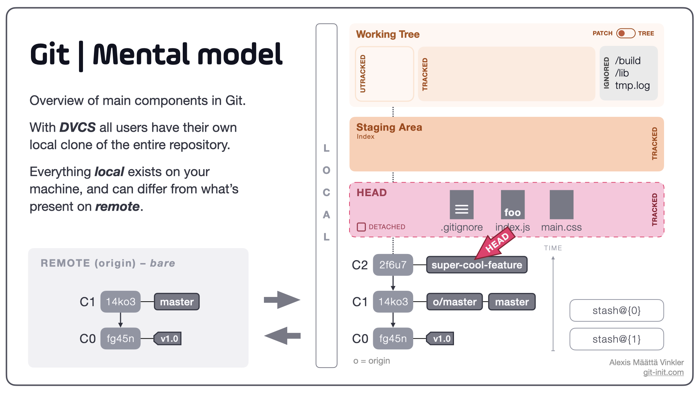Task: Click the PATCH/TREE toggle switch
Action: tap(626, 33)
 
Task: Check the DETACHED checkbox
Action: tap(361, 227)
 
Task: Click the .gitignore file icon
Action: tap(462, 205)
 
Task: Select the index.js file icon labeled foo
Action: tap(513, 205)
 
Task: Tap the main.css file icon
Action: tap(561, 205)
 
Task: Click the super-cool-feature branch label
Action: tap(477, 265)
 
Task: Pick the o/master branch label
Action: tap(454, 302)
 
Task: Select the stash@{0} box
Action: tap(616, 310)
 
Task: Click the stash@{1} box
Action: tap(616, 339)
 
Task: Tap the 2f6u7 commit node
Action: tap(393, 265)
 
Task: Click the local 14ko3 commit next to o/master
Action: tap(393, 302)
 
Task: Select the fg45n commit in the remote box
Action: tap(121, 338)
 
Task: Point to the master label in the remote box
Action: tap(177, 302)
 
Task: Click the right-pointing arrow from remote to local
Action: tap(282, 300)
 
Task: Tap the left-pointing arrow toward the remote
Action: tap(282, 336)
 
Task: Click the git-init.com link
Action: tap(663, 372)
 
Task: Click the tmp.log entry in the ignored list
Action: tap(632, 86)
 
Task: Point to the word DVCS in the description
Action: tap(78, 127)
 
